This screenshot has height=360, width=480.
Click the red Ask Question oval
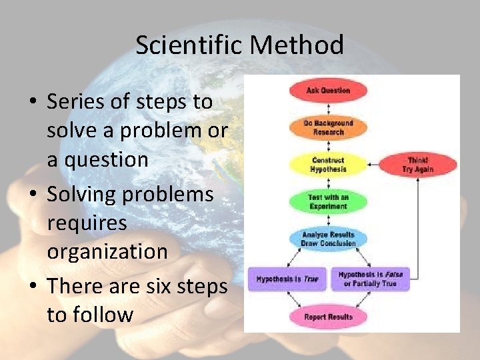click(328, 90)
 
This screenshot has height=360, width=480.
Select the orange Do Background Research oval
click(328, 127)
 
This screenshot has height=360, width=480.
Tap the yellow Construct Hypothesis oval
click(328, 165)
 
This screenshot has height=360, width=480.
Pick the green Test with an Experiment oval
click(328, 202)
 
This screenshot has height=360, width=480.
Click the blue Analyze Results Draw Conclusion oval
click(328, 239)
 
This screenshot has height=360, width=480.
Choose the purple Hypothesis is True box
click(287, 279)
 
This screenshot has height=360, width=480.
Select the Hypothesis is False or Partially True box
click(370, 279)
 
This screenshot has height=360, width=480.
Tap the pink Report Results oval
click(328, 317)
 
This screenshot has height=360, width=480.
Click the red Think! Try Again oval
click(419, 165)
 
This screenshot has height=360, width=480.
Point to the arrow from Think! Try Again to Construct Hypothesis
click(373, 165)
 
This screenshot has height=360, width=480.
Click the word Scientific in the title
click(188, 45)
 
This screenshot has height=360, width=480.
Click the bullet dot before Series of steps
click(32, 103)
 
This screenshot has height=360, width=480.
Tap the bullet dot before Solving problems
click(32, 195)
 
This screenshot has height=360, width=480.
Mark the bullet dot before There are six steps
click(32, 287)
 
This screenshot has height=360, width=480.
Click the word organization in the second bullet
click(107, 252)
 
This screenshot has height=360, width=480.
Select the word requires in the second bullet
click(87, 223)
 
